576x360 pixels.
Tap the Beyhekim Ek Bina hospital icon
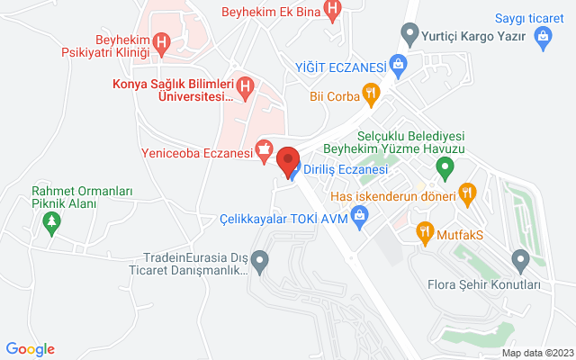click(333, 12)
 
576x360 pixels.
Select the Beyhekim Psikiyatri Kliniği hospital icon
click(162, 41)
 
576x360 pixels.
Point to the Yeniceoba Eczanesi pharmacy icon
click(264, 152)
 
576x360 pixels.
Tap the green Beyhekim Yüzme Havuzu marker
click(444, 166)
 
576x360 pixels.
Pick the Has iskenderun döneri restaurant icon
click(466, 191)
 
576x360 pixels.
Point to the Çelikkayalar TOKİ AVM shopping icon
click(360, 216)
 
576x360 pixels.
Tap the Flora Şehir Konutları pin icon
click(519, 261)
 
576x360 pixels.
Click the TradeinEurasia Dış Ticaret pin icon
click(260, 263)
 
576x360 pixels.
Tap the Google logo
click(30, 349)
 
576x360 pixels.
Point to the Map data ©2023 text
click(536, 352)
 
